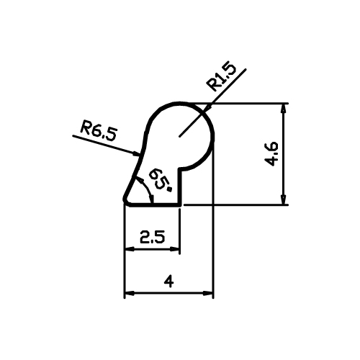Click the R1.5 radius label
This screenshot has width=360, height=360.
point(221,76)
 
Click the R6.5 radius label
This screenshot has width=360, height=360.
point(99,131)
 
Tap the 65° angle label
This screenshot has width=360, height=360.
point(160,179)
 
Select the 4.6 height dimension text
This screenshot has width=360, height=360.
point(271,154)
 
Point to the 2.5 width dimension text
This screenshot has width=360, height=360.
point(153,237)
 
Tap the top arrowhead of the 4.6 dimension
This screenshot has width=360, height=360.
point(284,109)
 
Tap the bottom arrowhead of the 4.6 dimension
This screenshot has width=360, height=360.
point(284,199)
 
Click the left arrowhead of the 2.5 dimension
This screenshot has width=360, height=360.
point(130,249)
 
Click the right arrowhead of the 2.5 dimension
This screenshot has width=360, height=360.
point(175,249)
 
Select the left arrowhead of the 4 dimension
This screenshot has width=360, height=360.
point(130,293)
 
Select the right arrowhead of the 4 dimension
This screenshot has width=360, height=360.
point(208,293)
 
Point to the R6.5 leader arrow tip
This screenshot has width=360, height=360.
point(140,154)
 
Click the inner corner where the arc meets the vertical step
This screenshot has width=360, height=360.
point(179,169)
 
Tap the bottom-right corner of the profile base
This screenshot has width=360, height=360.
point(180,205)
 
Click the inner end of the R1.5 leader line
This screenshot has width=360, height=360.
point(179,137)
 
